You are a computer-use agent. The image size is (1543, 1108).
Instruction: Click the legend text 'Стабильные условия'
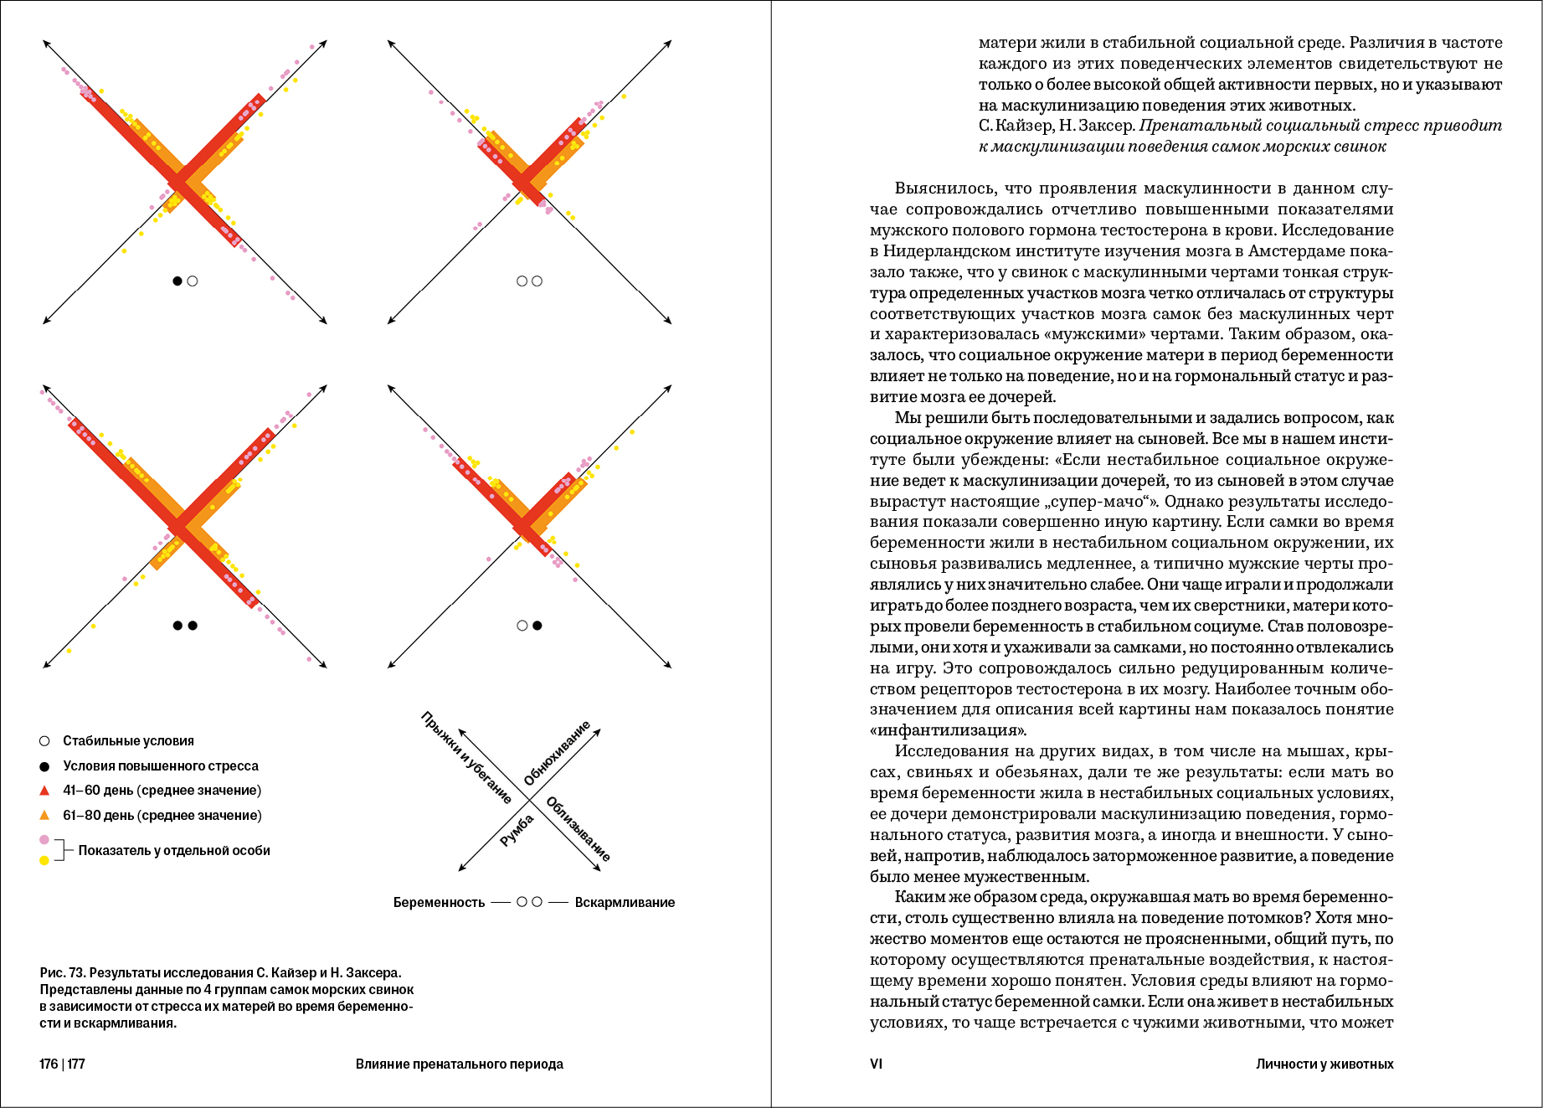point(128,741)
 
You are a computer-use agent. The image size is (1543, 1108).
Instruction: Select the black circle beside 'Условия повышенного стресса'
point(44,766)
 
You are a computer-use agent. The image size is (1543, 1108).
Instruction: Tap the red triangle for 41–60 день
point(44,791)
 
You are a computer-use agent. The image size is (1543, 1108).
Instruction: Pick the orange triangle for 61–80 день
point(44,816)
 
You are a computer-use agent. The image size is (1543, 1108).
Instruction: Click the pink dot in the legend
point(44,839)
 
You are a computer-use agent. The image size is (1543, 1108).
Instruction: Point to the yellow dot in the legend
point(44,860)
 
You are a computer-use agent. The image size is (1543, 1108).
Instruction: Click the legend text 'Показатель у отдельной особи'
point(174,851)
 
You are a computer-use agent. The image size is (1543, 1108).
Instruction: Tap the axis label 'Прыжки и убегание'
point(465,757)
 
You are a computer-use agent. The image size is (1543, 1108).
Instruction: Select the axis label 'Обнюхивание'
point(557,753)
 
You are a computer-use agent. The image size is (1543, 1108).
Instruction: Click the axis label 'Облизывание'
point(578,829)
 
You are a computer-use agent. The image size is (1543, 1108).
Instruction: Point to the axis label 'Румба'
point(517,830)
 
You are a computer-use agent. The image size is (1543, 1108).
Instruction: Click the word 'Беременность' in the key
point(439,903)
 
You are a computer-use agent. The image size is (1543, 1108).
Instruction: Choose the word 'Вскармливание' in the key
point(625,903)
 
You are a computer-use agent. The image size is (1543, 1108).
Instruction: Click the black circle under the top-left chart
point(177,281)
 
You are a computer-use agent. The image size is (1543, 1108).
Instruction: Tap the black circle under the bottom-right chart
point(537,626)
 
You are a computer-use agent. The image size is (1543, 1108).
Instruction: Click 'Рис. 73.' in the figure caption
point(63,973)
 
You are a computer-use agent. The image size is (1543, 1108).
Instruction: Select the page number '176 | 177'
point(62,1064)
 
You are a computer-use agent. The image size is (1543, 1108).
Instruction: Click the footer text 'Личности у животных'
point(1324,1064)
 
